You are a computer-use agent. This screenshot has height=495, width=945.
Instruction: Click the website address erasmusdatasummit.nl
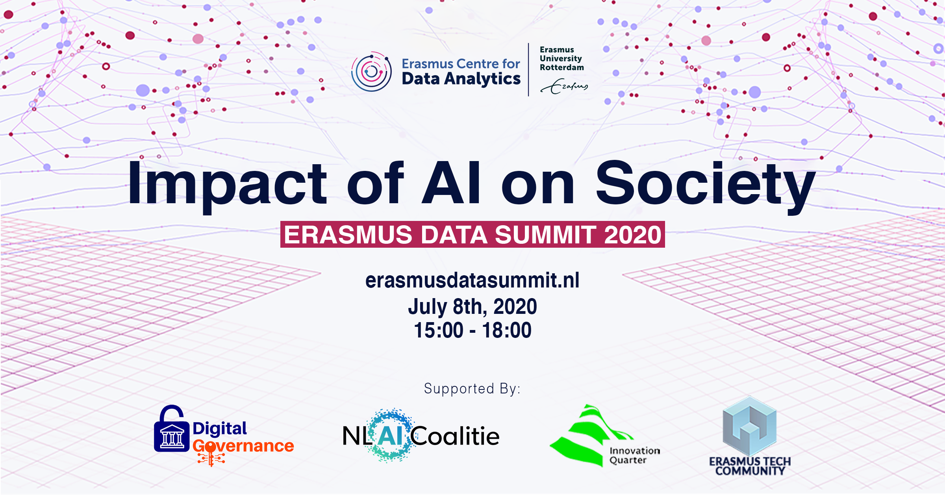[x=472, y=280]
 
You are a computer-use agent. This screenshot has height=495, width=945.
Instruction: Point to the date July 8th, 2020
[x=472, y=306]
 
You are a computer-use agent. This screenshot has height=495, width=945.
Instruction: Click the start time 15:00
[x=438, y=330]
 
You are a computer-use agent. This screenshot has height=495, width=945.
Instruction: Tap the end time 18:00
[x=507, y=330]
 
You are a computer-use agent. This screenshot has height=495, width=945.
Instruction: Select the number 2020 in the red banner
[x=632, y=235]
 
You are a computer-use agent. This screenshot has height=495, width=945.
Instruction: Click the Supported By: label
[x=472, y=389]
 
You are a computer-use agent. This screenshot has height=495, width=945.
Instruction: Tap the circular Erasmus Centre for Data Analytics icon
[x=371, y=72]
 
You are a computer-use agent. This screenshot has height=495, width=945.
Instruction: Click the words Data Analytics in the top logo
[x=461, y=79]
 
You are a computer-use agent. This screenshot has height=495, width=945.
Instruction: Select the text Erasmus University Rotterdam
[x=561, y=59]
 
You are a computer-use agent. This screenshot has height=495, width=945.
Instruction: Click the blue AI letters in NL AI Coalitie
[x=390, y=436]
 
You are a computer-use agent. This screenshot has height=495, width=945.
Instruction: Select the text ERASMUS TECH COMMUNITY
[x=750, y=466]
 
